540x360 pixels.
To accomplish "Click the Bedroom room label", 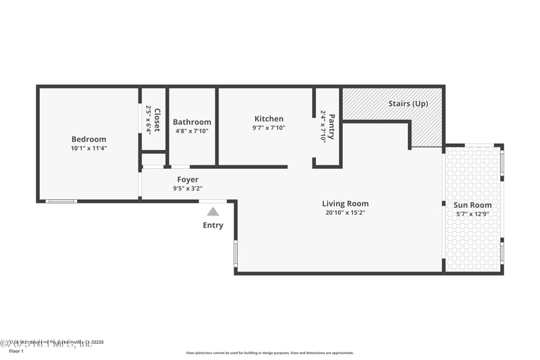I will point(88,139).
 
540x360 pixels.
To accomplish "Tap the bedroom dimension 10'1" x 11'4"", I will point(88,148).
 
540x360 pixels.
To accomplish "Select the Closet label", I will point(157,120).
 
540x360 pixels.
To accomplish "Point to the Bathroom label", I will point(192,122).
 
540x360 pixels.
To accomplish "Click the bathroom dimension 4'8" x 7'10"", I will point(192,131).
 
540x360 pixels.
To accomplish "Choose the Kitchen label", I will point(269,119).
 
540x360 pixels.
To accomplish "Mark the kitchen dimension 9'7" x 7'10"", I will point(269,128).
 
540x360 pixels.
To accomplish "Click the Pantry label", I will point(331,126).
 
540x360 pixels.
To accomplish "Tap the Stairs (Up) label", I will point(408,104).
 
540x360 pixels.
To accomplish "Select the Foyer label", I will point(188,180).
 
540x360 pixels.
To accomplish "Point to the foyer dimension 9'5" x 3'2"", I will point(188,188).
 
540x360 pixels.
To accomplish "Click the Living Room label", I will point(345,203).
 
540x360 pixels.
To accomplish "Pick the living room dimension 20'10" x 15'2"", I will point(345,212).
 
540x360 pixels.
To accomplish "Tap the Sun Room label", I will point(473,205).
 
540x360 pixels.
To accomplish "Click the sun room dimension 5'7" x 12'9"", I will point(473,214).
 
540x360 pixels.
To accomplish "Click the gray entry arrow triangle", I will point(213,211).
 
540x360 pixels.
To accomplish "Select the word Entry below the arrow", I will point(213,225).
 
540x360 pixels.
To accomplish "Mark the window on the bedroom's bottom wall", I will point(61,201).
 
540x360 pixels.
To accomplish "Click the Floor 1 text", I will point(16,351).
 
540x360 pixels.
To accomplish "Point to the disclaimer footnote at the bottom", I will point(269,353).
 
